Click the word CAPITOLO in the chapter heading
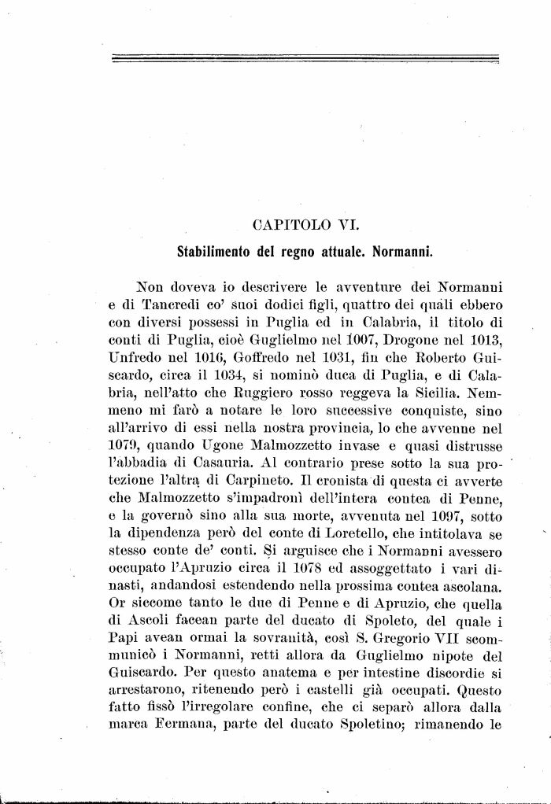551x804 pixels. [x=287, y=227]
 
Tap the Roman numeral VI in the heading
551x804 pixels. [x=347, y=227]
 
